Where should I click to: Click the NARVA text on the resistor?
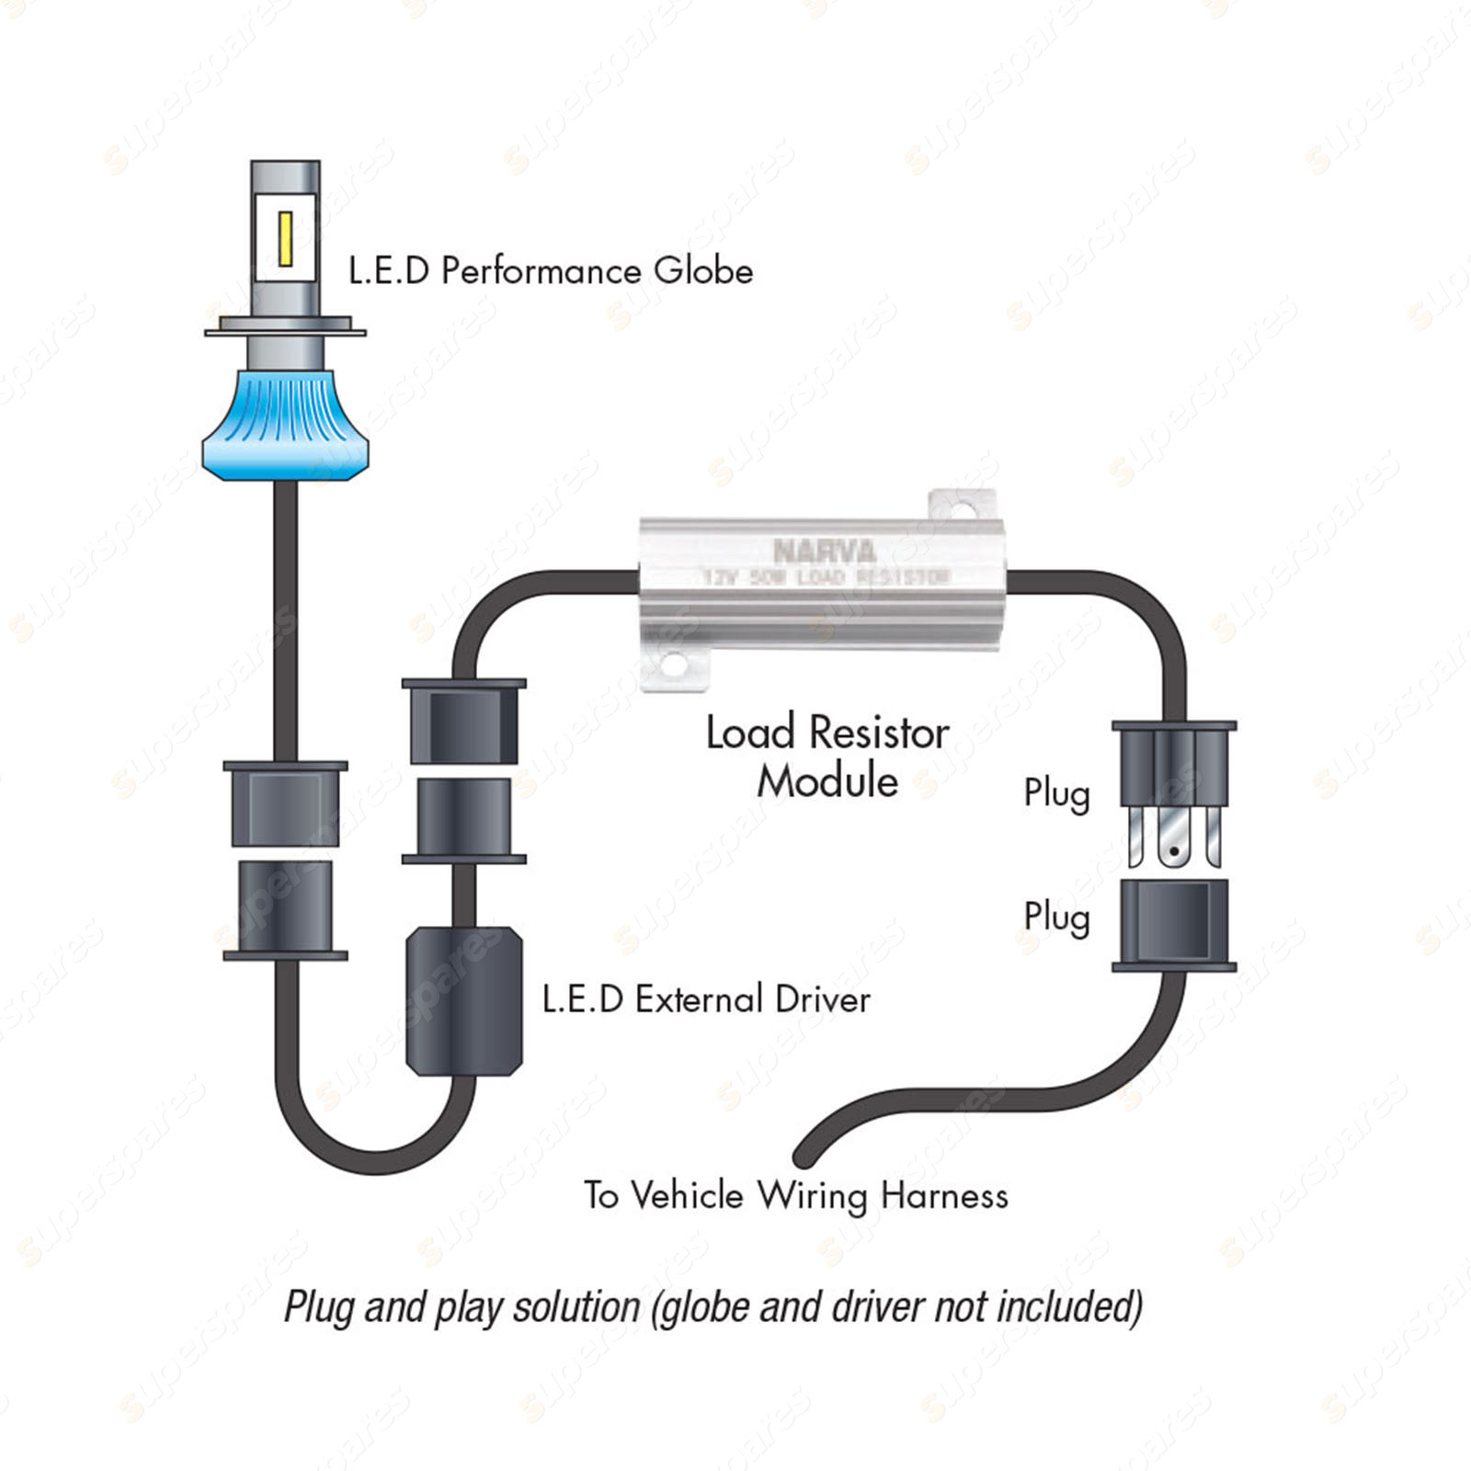[824, 552]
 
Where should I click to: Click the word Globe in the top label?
[703, 270]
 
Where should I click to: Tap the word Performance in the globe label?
[542, 271]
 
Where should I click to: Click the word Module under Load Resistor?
[827, 781]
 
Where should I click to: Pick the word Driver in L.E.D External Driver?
[822, 999]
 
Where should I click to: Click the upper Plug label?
[1056, 793]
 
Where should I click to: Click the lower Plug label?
[1056, 918]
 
